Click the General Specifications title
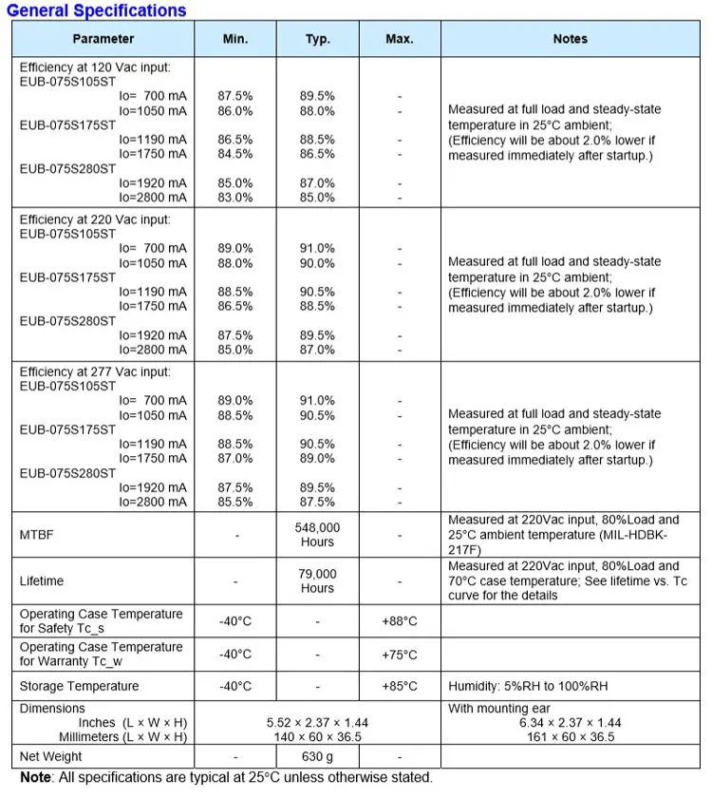(97, 11)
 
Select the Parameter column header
(103, 39)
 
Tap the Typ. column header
(317, 39)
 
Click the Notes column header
(570, 39)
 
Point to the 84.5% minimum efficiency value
(235, 154)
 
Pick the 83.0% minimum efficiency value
(235, 198)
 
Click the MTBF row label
(37, 535)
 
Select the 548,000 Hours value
(317, 535)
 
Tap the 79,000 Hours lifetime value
(317, 580)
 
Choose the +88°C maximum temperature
(400, 621)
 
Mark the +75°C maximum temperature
(400, 655)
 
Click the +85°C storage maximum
(400, 686)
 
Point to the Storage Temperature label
(79, 686)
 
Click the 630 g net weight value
(317, 756)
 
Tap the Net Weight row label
(51, 756)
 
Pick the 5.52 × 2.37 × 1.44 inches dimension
(317, 723)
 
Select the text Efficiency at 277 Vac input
(95, 371)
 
